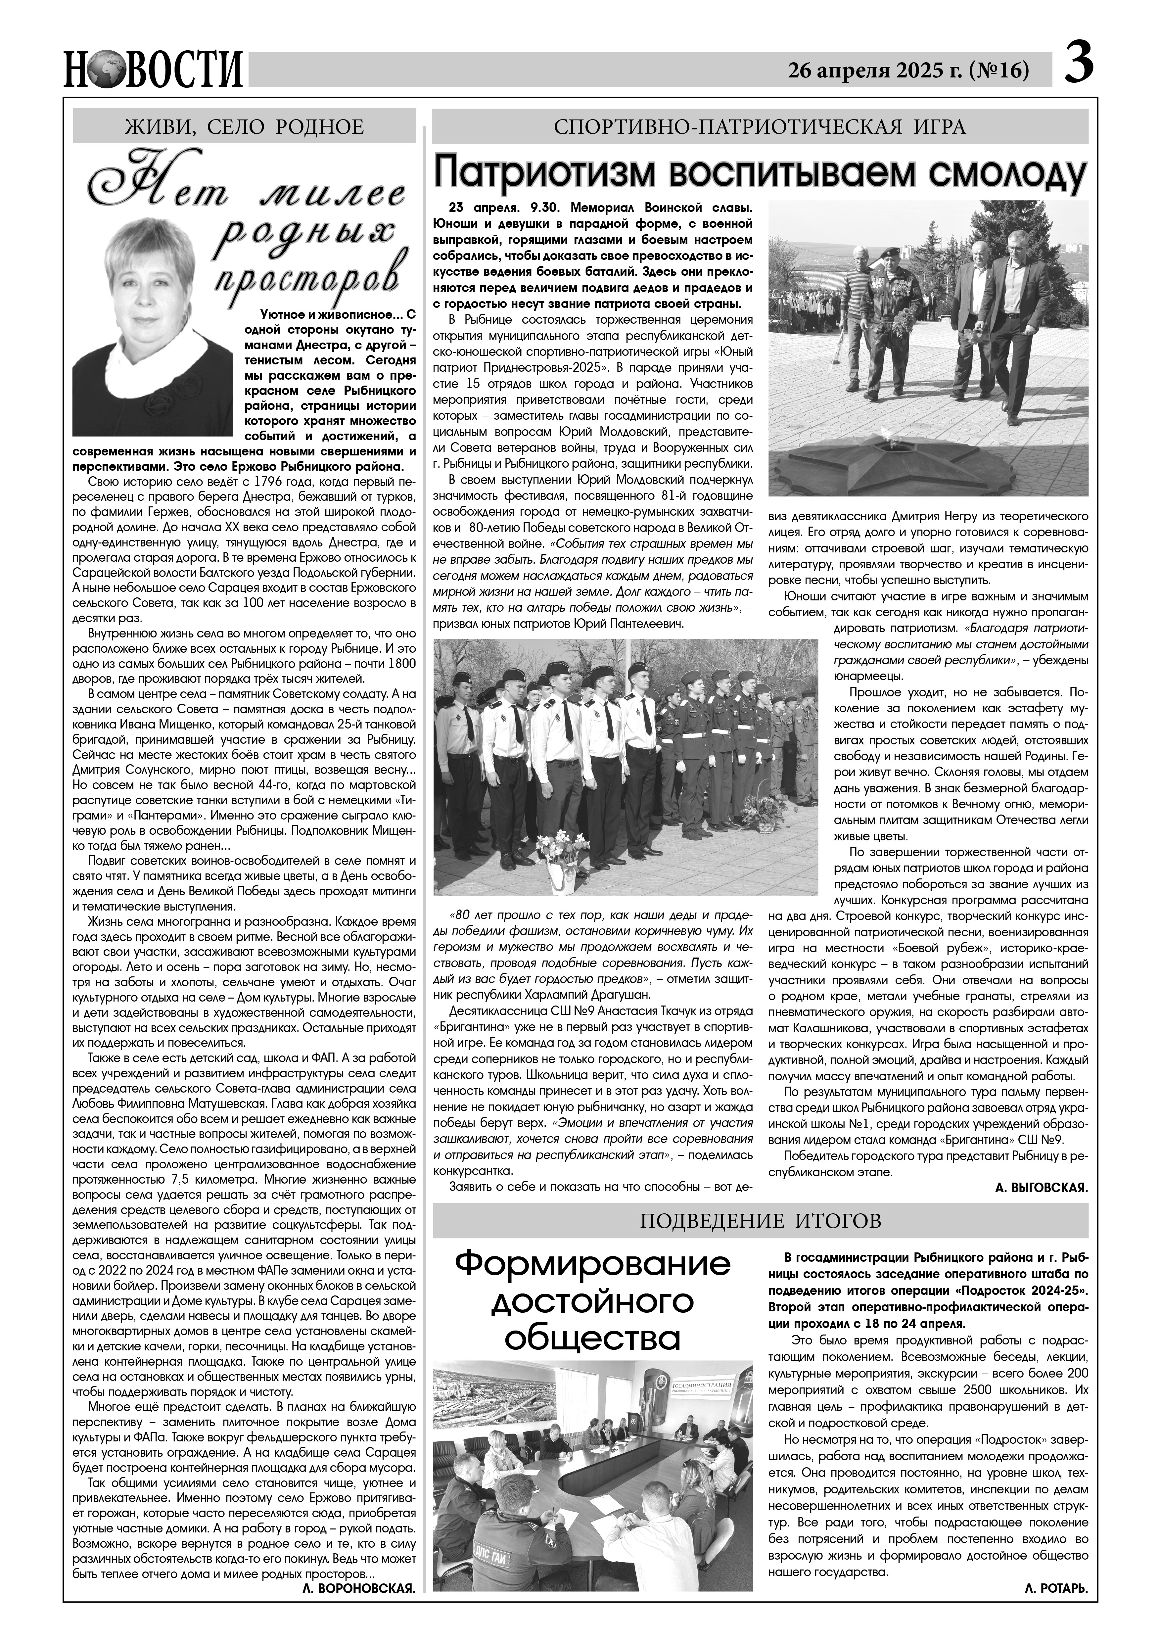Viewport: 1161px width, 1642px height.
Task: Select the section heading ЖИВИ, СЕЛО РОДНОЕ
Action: coord(245,127)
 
